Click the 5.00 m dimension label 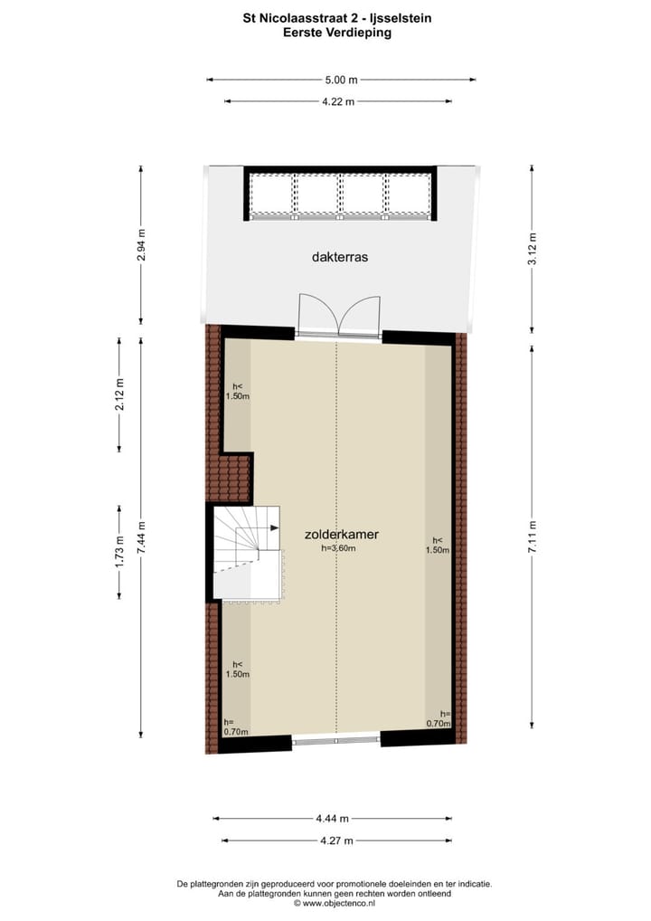click(340, 80)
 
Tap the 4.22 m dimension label click(338, 101)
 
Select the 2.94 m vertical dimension click(140, 244)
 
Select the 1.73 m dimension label click(118, 551)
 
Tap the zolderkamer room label click(341, 535)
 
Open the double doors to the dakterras click(337, 317)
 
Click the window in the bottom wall click(336, 741)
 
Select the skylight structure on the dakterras click(340, 194)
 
